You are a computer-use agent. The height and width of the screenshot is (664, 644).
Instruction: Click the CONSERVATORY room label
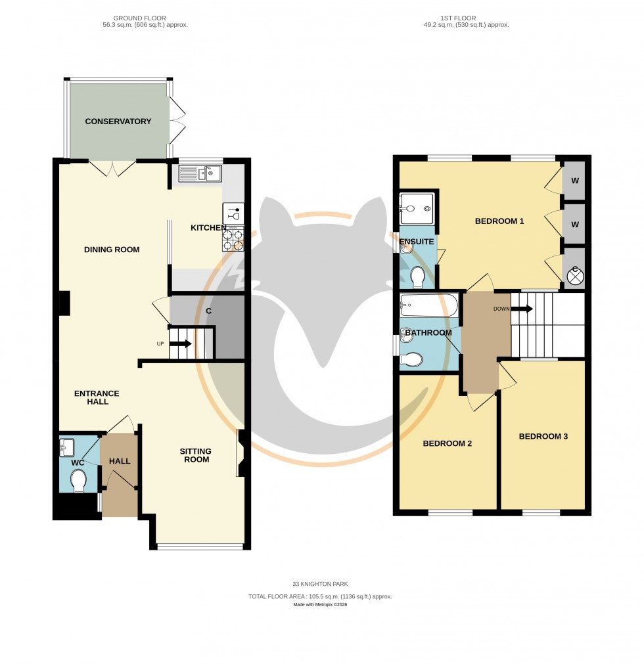(118, 122)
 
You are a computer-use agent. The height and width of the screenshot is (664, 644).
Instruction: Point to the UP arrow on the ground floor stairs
(181, 343)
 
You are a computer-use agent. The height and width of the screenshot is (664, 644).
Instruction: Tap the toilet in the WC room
(78, 480)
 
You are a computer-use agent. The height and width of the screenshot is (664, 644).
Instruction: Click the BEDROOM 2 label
(447, 443)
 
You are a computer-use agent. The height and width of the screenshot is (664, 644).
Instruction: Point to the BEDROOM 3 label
(543, 437)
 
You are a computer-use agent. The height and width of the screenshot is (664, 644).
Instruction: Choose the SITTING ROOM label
(196, 455)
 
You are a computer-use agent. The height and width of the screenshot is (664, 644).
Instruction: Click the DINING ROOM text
(112, 250)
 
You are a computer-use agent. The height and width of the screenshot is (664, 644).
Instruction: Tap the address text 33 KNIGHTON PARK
(320, 583)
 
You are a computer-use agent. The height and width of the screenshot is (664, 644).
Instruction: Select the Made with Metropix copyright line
(320, 604)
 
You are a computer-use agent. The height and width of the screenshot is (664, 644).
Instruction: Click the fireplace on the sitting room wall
(241, 453)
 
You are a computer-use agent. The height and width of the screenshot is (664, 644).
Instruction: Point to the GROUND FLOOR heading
(139, 18)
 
